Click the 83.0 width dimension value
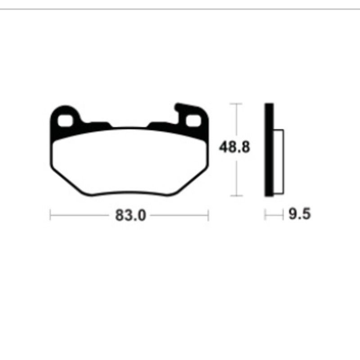tap(130, 216)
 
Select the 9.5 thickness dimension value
tap(299, 215)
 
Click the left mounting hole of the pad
tap(66, 120)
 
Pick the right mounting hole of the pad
tap(193, 120)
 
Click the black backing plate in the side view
tap(269, 149)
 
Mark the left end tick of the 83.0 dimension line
tap(50, 215)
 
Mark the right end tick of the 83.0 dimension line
tap(208, 215)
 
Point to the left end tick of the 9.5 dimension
tap(265, 215)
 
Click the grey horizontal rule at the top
tap(180, 9)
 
